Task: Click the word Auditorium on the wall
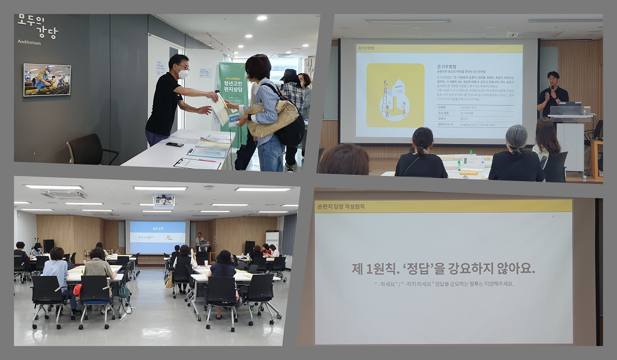point(29,42)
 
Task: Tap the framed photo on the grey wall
point(47,79)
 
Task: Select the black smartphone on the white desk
point(174,144)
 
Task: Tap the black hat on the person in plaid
point(289,75)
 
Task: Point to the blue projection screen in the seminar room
point(158,237)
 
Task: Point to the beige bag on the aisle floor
point(169,282)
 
